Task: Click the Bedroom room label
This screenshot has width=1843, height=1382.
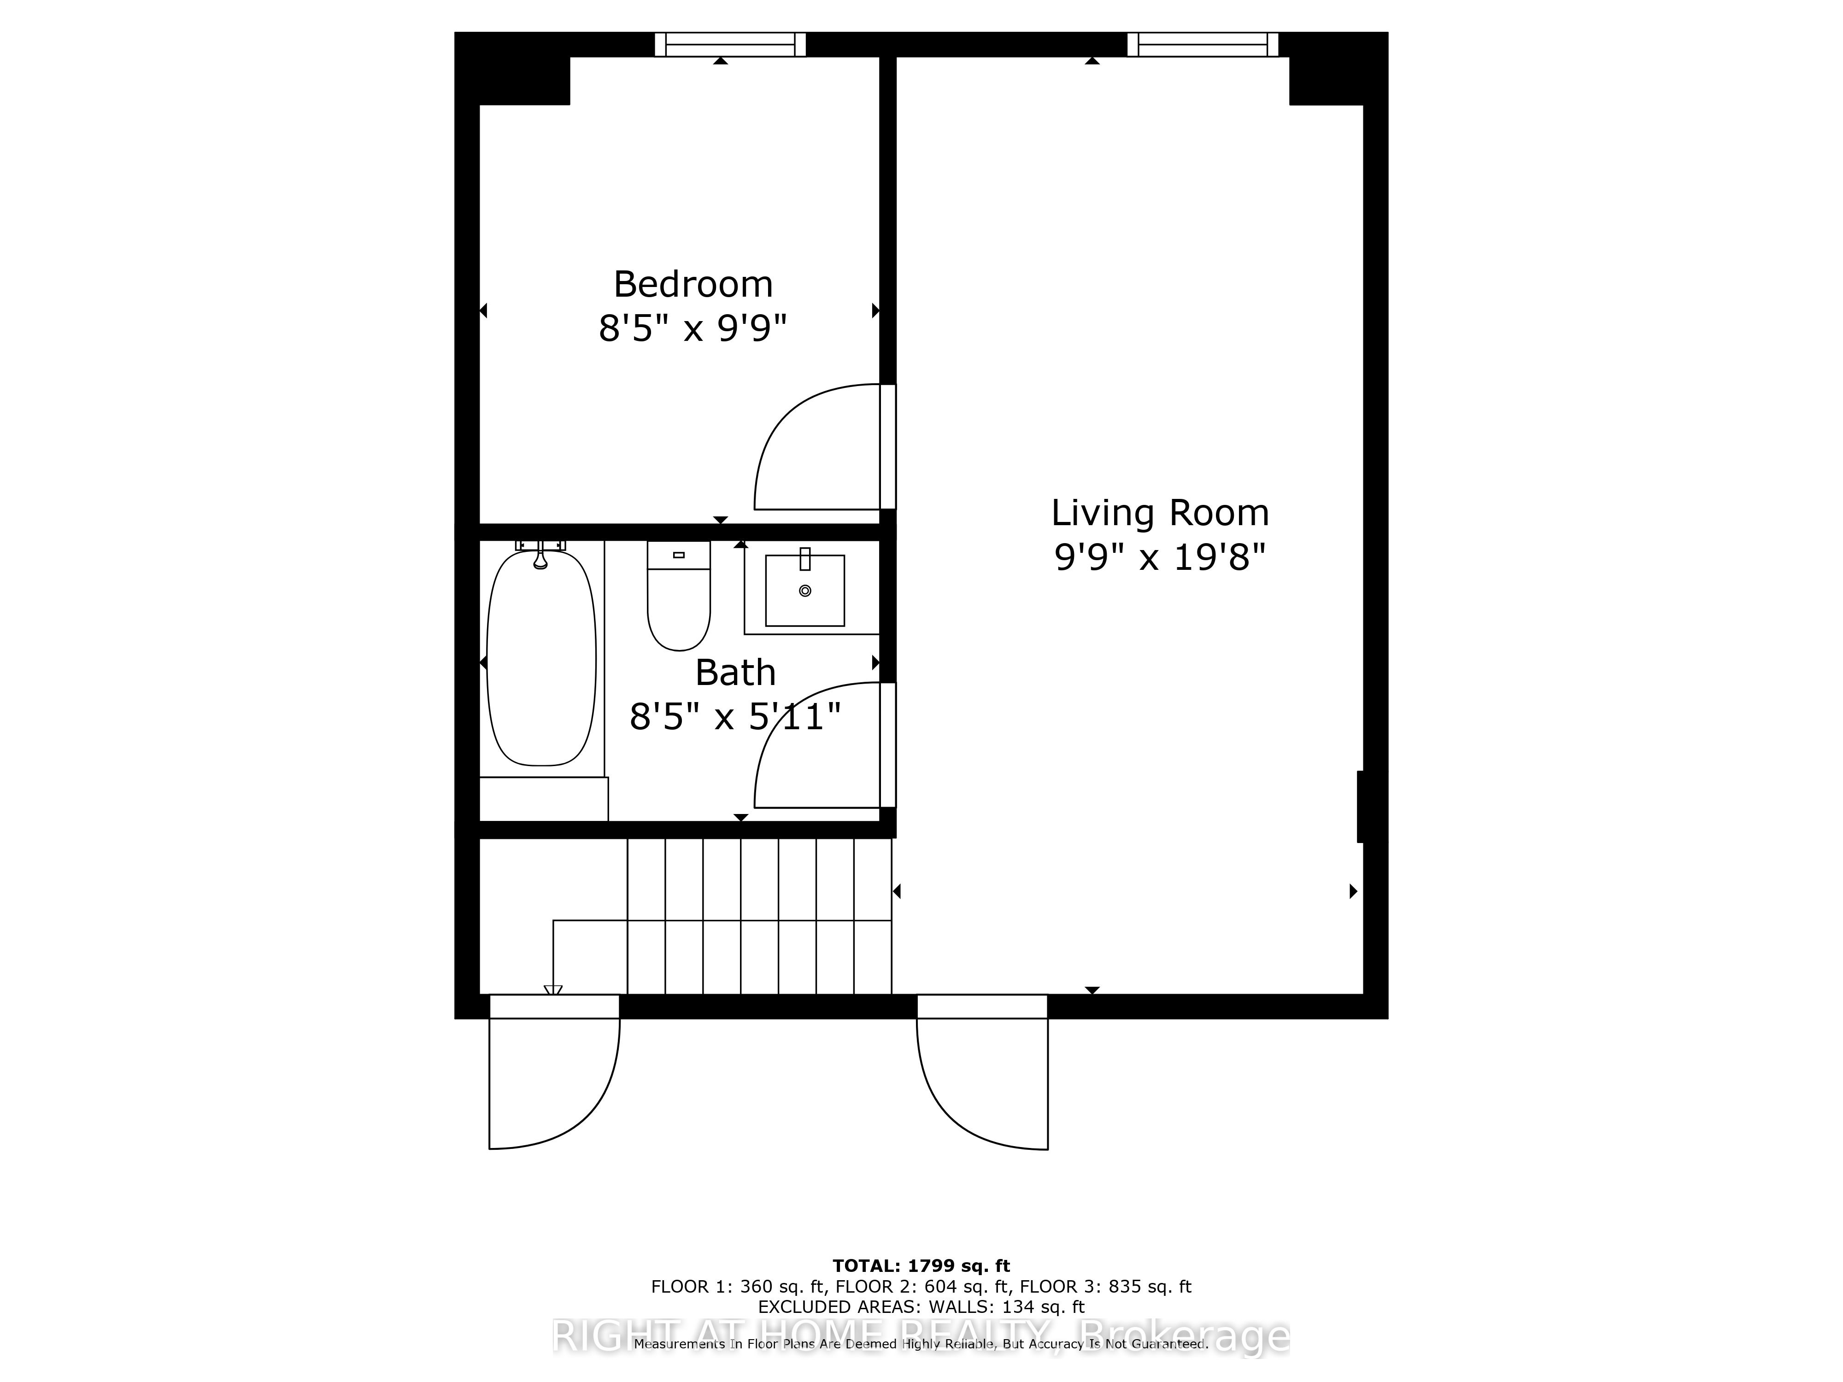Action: coord(693,285)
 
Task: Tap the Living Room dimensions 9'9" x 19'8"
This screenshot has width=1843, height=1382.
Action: coord(1160,557)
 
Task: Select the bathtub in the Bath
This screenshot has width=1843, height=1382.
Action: coord(541,658)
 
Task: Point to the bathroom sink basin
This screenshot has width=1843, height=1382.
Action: coord(805,591)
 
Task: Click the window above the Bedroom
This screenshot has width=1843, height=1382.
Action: coord(730,44)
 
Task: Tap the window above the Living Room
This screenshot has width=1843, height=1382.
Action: coord(1202,44)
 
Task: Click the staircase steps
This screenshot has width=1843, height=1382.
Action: coord(758,916)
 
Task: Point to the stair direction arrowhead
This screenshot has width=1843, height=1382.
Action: coord(553,990)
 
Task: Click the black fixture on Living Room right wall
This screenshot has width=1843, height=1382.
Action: coord(1360,806)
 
